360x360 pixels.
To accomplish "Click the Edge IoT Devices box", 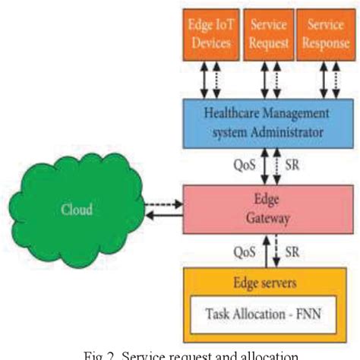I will [x=210, y=34].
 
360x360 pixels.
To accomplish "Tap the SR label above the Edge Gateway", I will [x=292, y=163].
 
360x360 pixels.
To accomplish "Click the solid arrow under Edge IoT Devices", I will [x=204, y=80].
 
